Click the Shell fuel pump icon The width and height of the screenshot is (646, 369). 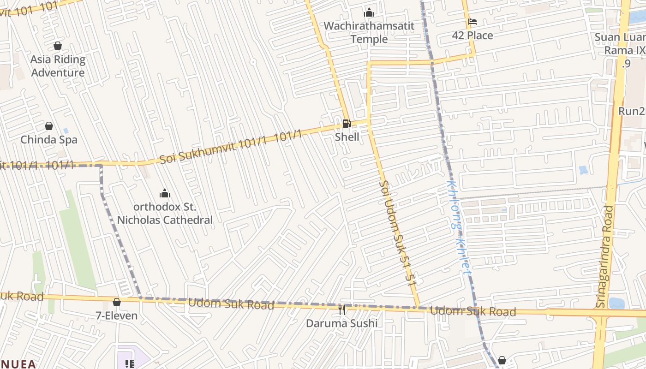[347, 123]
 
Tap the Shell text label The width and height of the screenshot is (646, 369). [347, 137]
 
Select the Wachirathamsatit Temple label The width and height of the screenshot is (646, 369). [369, 32]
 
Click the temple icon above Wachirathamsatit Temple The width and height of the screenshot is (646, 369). [369, 12]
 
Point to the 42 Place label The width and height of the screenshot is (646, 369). [472, 36]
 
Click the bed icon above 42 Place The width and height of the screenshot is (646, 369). [472, 21]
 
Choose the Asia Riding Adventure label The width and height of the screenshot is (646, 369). [58, 66]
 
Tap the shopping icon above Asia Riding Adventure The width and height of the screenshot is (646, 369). [58, 46]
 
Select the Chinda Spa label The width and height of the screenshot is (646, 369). [49, 140]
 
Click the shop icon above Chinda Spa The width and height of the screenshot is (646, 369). [49, 126]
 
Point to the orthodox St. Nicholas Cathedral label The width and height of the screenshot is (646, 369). [165, 214]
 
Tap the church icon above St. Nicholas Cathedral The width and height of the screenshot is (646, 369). [165, 193]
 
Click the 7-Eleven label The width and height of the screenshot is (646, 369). [117, 316]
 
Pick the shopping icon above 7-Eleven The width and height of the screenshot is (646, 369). [117, 302]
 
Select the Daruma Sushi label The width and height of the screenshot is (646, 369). [342, 323]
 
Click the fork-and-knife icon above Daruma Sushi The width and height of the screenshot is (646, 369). [342, 309]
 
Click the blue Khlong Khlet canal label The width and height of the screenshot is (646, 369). [459, 227]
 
